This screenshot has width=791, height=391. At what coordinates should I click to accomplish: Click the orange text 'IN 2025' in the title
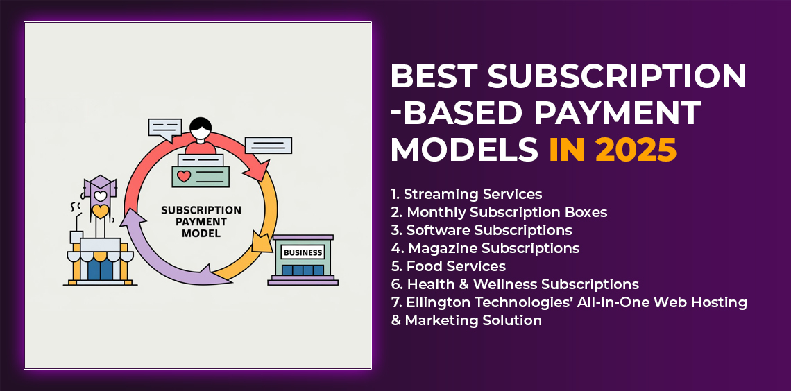[613, 150]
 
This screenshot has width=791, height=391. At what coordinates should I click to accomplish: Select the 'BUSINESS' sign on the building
[303, 252]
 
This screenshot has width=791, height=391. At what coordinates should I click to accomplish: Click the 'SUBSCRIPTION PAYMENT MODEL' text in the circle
[201, 222]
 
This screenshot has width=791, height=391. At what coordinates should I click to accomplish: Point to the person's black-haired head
[201, 128]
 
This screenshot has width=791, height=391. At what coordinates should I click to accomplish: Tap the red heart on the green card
[184, 176]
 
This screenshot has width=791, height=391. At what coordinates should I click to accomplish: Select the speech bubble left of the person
[164, 128]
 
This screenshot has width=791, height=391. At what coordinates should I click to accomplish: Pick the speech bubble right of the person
[269, 145]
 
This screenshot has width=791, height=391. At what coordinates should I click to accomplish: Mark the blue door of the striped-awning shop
[101, 269]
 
